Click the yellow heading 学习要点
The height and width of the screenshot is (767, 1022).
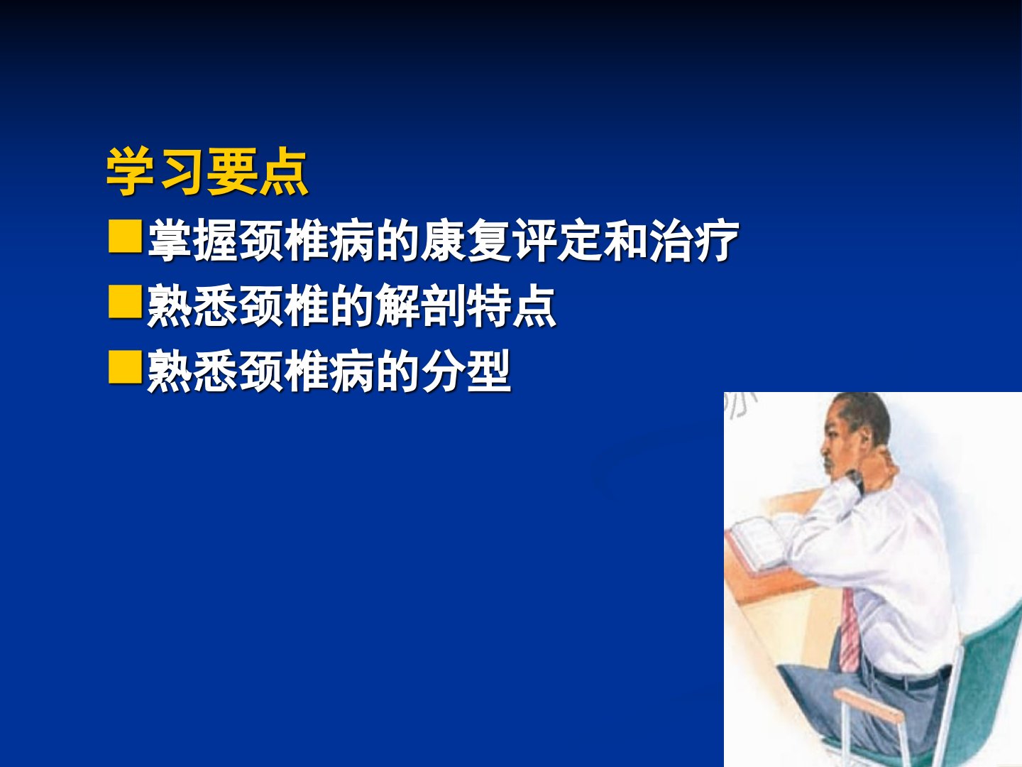(x=207, y=171)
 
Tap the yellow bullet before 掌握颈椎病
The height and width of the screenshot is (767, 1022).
(x=125, y=236)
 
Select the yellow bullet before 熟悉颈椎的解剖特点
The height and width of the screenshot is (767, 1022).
(x=125, y=302)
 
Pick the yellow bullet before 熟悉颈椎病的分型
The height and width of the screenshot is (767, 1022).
(x=125, y=367)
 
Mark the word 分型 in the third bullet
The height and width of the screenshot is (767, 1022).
(x=466, y=371)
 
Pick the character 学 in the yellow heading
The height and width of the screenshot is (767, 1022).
(x=131, y=171)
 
